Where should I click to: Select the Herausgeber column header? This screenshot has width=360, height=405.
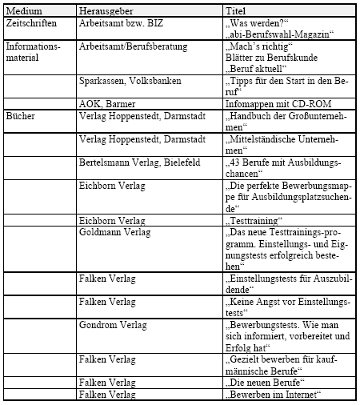(x=106, y=10)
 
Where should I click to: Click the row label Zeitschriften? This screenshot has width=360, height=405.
(x=31, y=24)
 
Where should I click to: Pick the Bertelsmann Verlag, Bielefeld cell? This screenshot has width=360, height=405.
(x=138, y=161)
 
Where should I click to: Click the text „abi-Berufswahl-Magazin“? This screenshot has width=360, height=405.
(x=279, y=35)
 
